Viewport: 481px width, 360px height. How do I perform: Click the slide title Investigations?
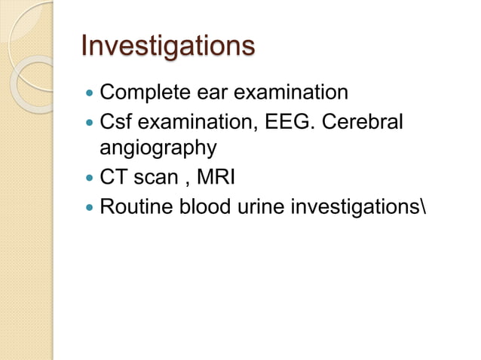pos(167,47)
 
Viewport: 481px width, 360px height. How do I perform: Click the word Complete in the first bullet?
pos(142,93)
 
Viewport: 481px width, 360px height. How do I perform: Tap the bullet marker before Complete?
pos(90,94)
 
